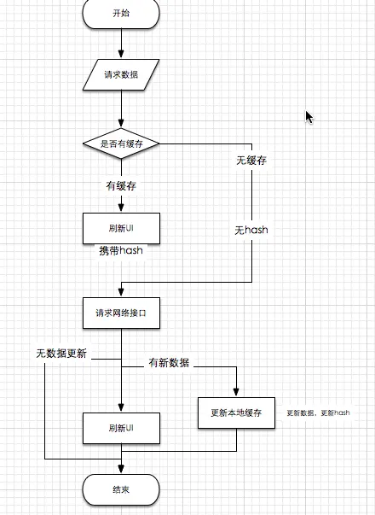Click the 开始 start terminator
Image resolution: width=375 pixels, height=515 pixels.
[121, 13]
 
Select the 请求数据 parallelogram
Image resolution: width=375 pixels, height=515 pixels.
[121, 75]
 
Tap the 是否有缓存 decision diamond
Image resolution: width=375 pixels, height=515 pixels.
[121, 144]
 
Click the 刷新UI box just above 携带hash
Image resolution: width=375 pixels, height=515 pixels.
[121, 227]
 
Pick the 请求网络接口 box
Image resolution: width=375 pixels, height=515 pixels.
[121, 313]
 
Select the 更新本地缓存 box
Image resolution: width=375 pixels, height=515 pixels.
[236, 413]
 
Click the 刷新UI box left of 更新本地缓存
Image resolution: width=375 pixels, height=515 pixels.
[121, 428]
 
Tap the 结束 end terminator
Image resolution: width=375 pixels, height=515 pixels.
[121, 489]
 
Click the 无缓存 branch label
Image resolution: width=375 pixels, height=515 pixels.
[253, 160]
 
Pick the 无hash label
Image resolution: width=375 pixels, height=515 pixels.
[251, 231]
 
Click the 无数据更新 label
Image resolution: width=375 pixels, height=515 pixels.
[66, 354]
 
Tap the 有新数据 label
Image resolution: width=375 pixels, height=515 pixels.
[169, 363]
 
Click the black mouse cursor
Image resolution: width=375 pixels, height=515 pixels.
[310, 117]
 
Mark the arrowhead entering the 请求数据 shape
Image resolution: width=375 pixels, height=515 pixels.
[121, 56]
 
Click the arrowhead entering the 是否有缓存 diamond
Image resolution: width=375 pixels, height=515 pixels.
[121, 125]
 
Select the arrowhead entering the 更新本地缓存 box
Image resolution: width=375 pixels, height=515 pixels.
[236, 393]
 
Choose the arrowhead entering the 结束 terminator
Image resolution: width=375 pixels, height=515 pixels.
[121, 471]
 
